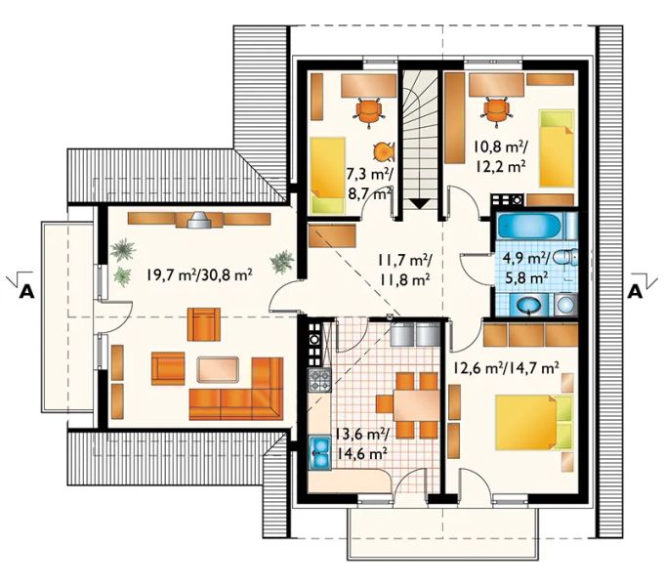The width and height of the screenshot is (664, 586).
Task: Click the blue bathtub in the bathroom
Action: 532,226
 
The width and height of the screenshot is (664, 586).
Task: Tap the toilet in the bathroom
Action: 565,258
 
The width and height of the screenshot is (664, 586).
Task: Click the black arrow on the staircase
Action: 420,204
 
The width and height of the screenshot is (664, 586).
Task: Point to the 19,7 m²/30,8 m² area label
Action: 200,275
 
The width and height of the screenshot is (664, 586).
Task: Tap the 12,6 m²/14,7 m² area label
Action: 505,367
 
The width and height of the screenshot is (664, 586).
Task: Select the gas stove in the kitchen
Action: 319,380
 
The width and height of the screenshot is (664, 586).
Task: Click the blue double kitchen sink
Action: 319,452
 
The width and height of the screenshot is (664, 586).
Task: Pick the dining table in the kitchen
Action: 417,404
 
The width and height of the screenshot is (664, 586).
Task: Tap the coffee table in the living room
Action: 218,369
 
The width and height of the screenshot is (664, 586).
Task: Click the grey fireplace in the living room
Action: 198,220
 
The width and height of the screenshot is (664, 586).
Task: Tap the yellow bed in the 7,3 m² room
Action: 327,175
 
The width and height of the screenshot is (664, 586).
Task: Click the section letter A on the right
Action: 635,292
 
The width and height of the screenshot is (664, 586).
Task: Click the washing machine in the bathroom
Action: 565,305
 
